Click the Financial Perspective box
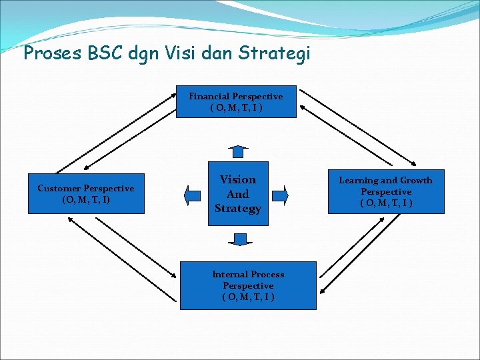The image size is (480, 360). point(236,102)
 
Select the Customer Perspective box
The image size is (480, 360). point(85,194)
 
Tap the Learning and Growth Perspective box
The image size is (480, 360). point(385,191)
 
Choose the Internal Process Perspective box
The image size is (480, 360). point(248,285)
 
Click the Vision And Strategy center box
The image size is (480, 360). point(238,193)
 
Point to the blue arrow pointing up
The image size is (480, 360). point(237,151)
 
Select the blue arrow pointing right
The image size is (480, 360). point(281,195)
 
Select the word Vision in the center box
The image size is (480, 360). point(238,179)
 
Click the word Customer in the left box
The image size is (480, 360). point(59,189)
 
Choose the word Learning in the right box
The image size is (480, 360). point(358,180)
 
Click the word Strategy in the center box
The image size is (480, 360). point(238,209)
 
